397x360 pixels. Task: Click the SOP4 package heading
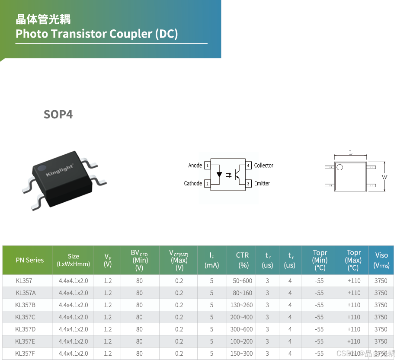(x=58, y=115)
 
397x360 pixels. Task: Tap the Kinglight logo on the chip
(x=59, y=170)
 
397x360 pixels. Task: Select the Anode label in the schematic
(x=195, y=166)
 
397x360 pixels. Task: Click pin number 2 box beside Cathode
(x=207, y=184)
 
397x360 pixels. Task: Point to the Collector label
(x=264, y=166)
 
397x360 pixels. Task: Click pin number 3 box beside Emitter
(x=248, y=184)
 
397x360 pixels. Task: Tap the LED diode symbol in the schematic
(x=219, y=175)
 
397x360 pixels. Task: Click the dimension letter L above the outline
(x=351, y=153)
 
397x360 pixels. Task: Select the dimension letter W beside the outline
(x=384, y=177)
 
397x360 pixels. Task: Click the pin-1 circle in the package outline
(x=339, y=167)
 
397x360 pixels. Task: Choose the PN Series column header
(x=29, y=260)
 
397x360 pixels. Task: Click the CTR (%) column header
(x=243, y=260)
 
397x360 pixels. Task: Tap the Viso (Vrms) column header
(x=381, y=260)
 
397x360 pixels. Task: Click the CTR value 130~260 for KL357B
(x=242, y=305)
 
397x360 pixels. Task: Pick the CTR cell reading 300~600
(x=242, y=329)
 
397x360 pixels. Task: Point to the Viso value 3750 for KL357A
(x=381, y=293)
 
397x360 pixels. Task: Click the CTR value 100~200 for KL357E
(x=242, y=341)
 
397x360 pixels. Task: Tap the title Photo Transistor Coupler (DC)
(x=97, y=34)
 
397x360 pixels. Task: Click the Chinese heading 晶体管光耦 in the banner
(x=43, y=19)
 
